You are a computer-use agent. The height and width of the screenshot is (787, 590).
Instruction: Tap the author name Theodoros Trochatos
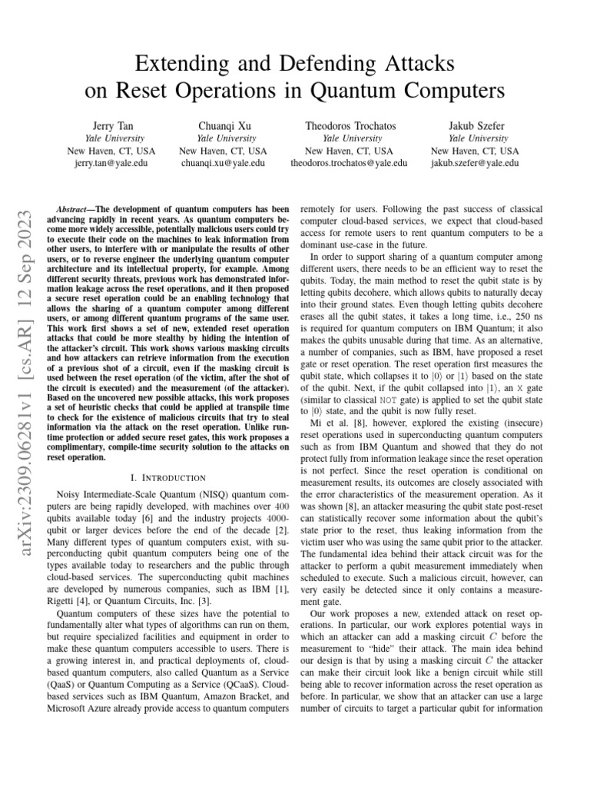(348, 125)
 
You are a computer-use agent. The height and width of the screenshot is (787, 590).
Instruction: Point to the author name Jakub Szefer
(475, 125)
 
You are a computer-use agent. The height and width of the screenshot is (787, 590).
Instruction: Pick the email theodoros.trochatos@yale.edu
(348, 164)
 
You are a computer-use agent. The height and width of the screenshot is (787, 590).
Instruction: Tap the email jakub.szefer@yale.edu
(475, 164)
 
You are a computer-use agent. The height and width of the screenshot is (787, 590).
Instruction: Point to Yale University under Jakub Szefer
(475, 138)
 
